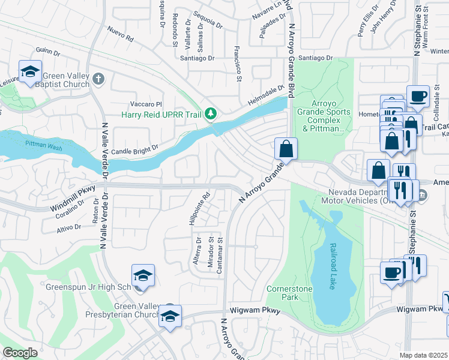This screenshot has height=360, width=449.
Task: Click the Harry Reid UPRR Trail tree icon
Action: pos(210,113)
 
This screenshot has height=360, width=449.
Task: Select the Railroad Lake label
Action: pos(331,266)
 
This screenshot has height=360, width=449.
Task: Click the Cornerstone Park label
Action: pos(282,292)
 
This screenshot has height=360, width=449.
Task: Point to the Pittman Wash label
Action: pos(41,144)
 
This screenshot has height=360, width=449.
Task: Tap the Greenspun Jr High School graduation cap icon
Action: pos(143,276)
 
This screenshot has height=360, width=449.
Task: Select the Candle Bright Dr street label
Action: pos(134,147)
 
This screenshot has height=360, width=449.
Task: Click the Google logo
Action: pos(20,353)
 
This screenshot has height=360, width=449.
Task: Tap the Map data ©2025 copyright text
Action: pos(424,355)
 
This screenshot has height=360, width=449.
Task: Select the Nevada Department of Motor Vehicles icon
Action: pos(422,196)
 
